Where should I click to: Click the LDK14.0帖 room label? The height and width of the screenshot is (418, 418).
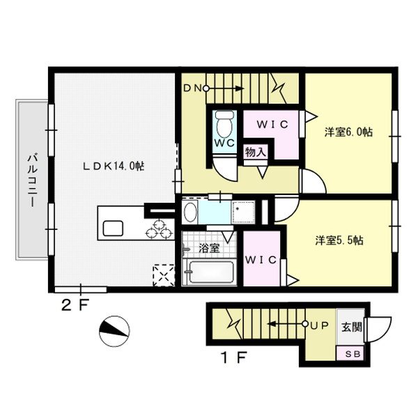tap(114, 167)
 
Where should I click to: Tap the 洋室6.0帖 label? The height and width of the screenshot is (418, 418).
tap(348, 132)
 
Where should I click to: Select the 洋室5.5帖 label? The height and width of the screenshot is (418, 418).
tap(339, 240)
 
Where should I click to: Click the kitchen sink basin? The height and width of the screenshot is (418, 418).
tap(113, 229)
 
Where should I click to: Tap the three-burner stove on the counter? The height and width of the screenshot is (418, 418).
tap(159, 229)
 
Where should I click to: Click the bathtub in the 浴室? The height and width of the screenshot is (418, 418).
tap(211, 272)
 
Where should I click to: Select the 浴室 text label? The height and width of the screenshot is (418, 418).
tap(209, 249)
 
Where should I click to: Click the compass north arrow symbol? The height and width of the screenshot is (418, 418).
tap(114, 332)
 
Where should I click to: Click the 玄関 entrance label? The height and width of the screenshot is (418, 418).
tap(352, 327)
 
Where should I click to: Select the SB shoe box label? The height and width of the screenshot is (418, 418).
tap(353, 354)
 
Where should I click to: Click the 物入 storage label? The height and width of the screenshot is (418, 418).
tap(256, 153)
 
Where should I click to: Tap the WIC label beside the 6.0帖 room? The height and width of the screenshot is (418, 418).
tap(272, 124)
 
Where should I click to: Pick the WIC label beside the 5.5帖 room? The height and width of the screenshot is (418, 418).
tap(261, 260)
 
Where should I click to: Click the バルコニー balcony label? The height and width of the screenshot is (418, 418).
tap(32, 180)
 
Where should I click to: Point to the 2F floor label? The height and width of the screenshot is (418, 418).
tap(75, 306)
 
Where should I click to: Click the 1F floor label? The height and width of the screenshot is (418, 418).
tap(234, 357)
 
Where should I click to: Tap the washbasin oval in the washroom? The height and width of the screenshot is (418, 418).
tap(189, 212)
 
